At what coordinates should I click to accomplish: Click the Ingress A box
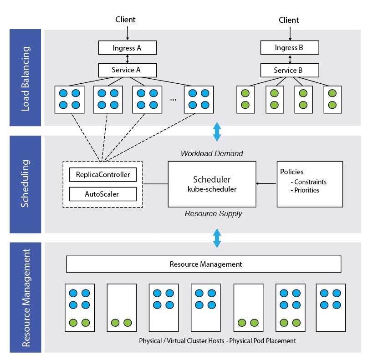tap(128, 48)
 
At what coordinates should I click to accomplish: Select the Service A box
tap(128, 70)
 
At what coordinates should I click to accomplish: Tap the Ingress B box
tap(289, 48)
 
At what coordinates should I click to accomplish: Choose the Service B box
tap(289, 70)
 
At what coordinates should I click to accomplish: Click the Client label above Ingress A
tap(125, 20)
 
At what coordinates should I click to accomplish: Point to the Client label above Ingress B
tap(289, 20)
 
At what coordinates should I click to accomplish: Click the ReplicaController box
tap(103, 175)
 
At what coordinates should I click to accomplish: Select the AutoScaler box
tap(103, 194)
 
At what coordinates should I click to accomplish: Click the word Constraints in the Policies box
tap(310, 182)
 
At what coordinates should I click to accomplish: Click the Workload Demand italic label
tap(212, 154)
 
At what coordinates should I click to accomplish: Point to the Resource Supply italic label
tap(213, 213)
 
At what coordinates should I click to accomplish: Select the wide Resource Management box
tap(204, 264)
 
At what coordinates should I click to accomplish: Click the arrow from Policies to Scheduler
tap(266, 183)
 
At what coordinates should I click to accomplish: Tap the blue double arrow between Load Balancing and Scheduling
tap(217, 131)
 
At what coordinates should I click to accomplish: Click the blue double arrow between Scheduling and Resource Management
tap(217, 238)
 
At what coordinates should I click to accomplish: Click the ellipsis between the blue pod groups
tap(173, 99)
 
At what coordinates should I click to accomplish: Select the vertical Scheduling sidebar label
tap(26, 183)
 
